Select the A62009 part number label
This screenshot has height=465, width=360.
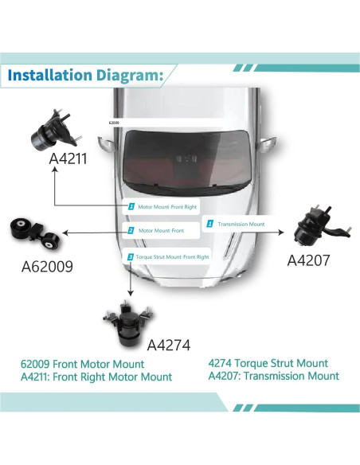pos(47,267)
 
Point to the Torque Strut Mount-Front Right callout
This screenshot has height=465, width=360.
pos(168,257)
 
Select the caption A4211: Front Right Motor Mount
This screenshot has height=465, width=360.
pos(96,377)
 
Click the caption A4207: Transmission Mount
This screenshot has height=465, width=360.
pos(273,376)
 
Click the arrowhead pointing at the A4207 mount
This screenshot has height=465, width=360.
pos(284,232)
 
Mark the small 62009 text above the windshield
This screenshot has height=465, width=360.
pos(115,124)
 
